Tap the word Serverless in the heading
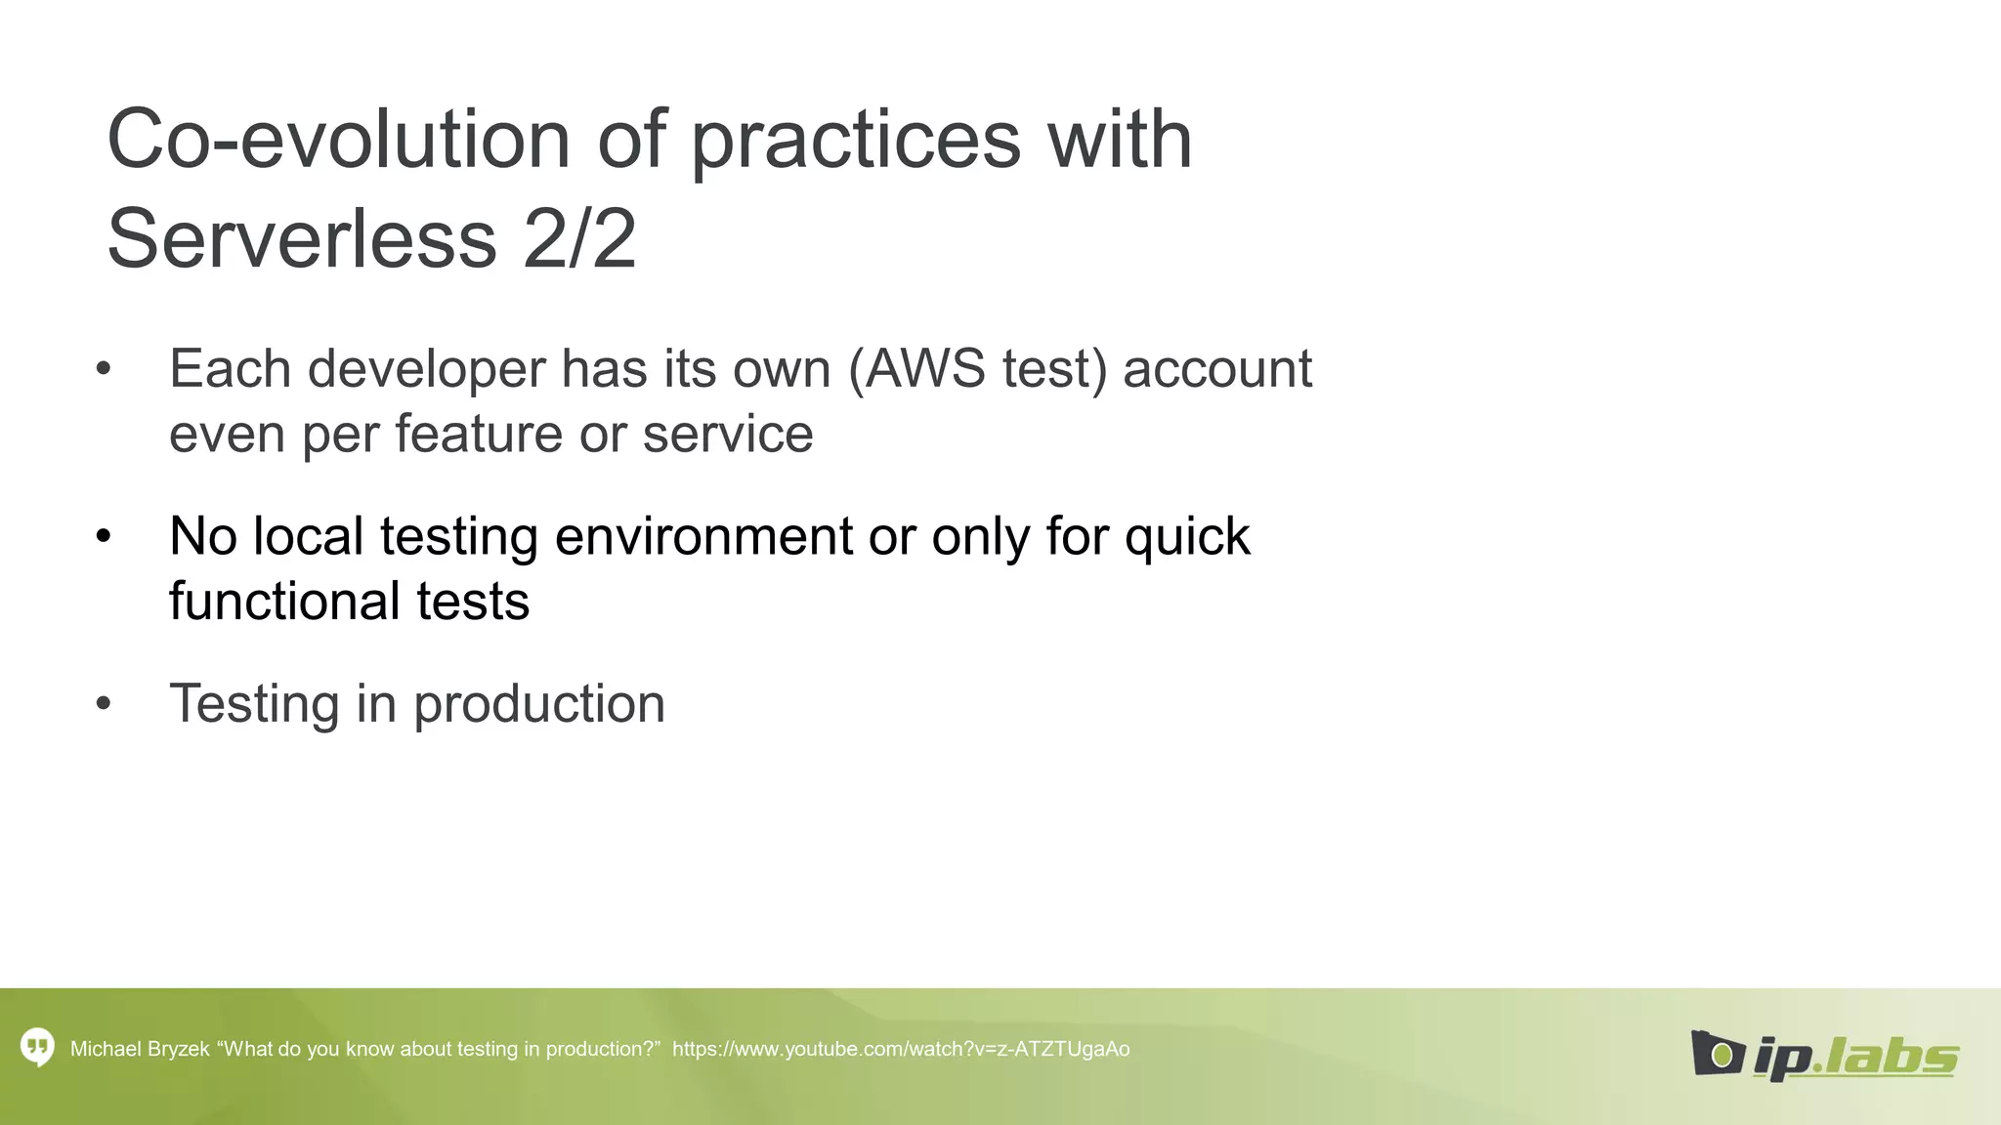302,239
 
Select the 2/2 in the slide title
579,239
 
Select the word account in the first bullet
1216,370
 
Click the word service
728,434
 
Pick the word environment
703,536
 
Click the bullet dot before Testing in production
104,704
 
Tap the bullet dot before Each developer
104,370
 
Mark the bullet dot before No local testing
104,536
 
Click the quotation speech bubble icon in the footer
37,1048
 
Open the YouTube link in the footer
901,1049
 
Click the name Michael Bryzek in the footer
140,1049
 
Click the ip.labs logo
1824,1055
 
